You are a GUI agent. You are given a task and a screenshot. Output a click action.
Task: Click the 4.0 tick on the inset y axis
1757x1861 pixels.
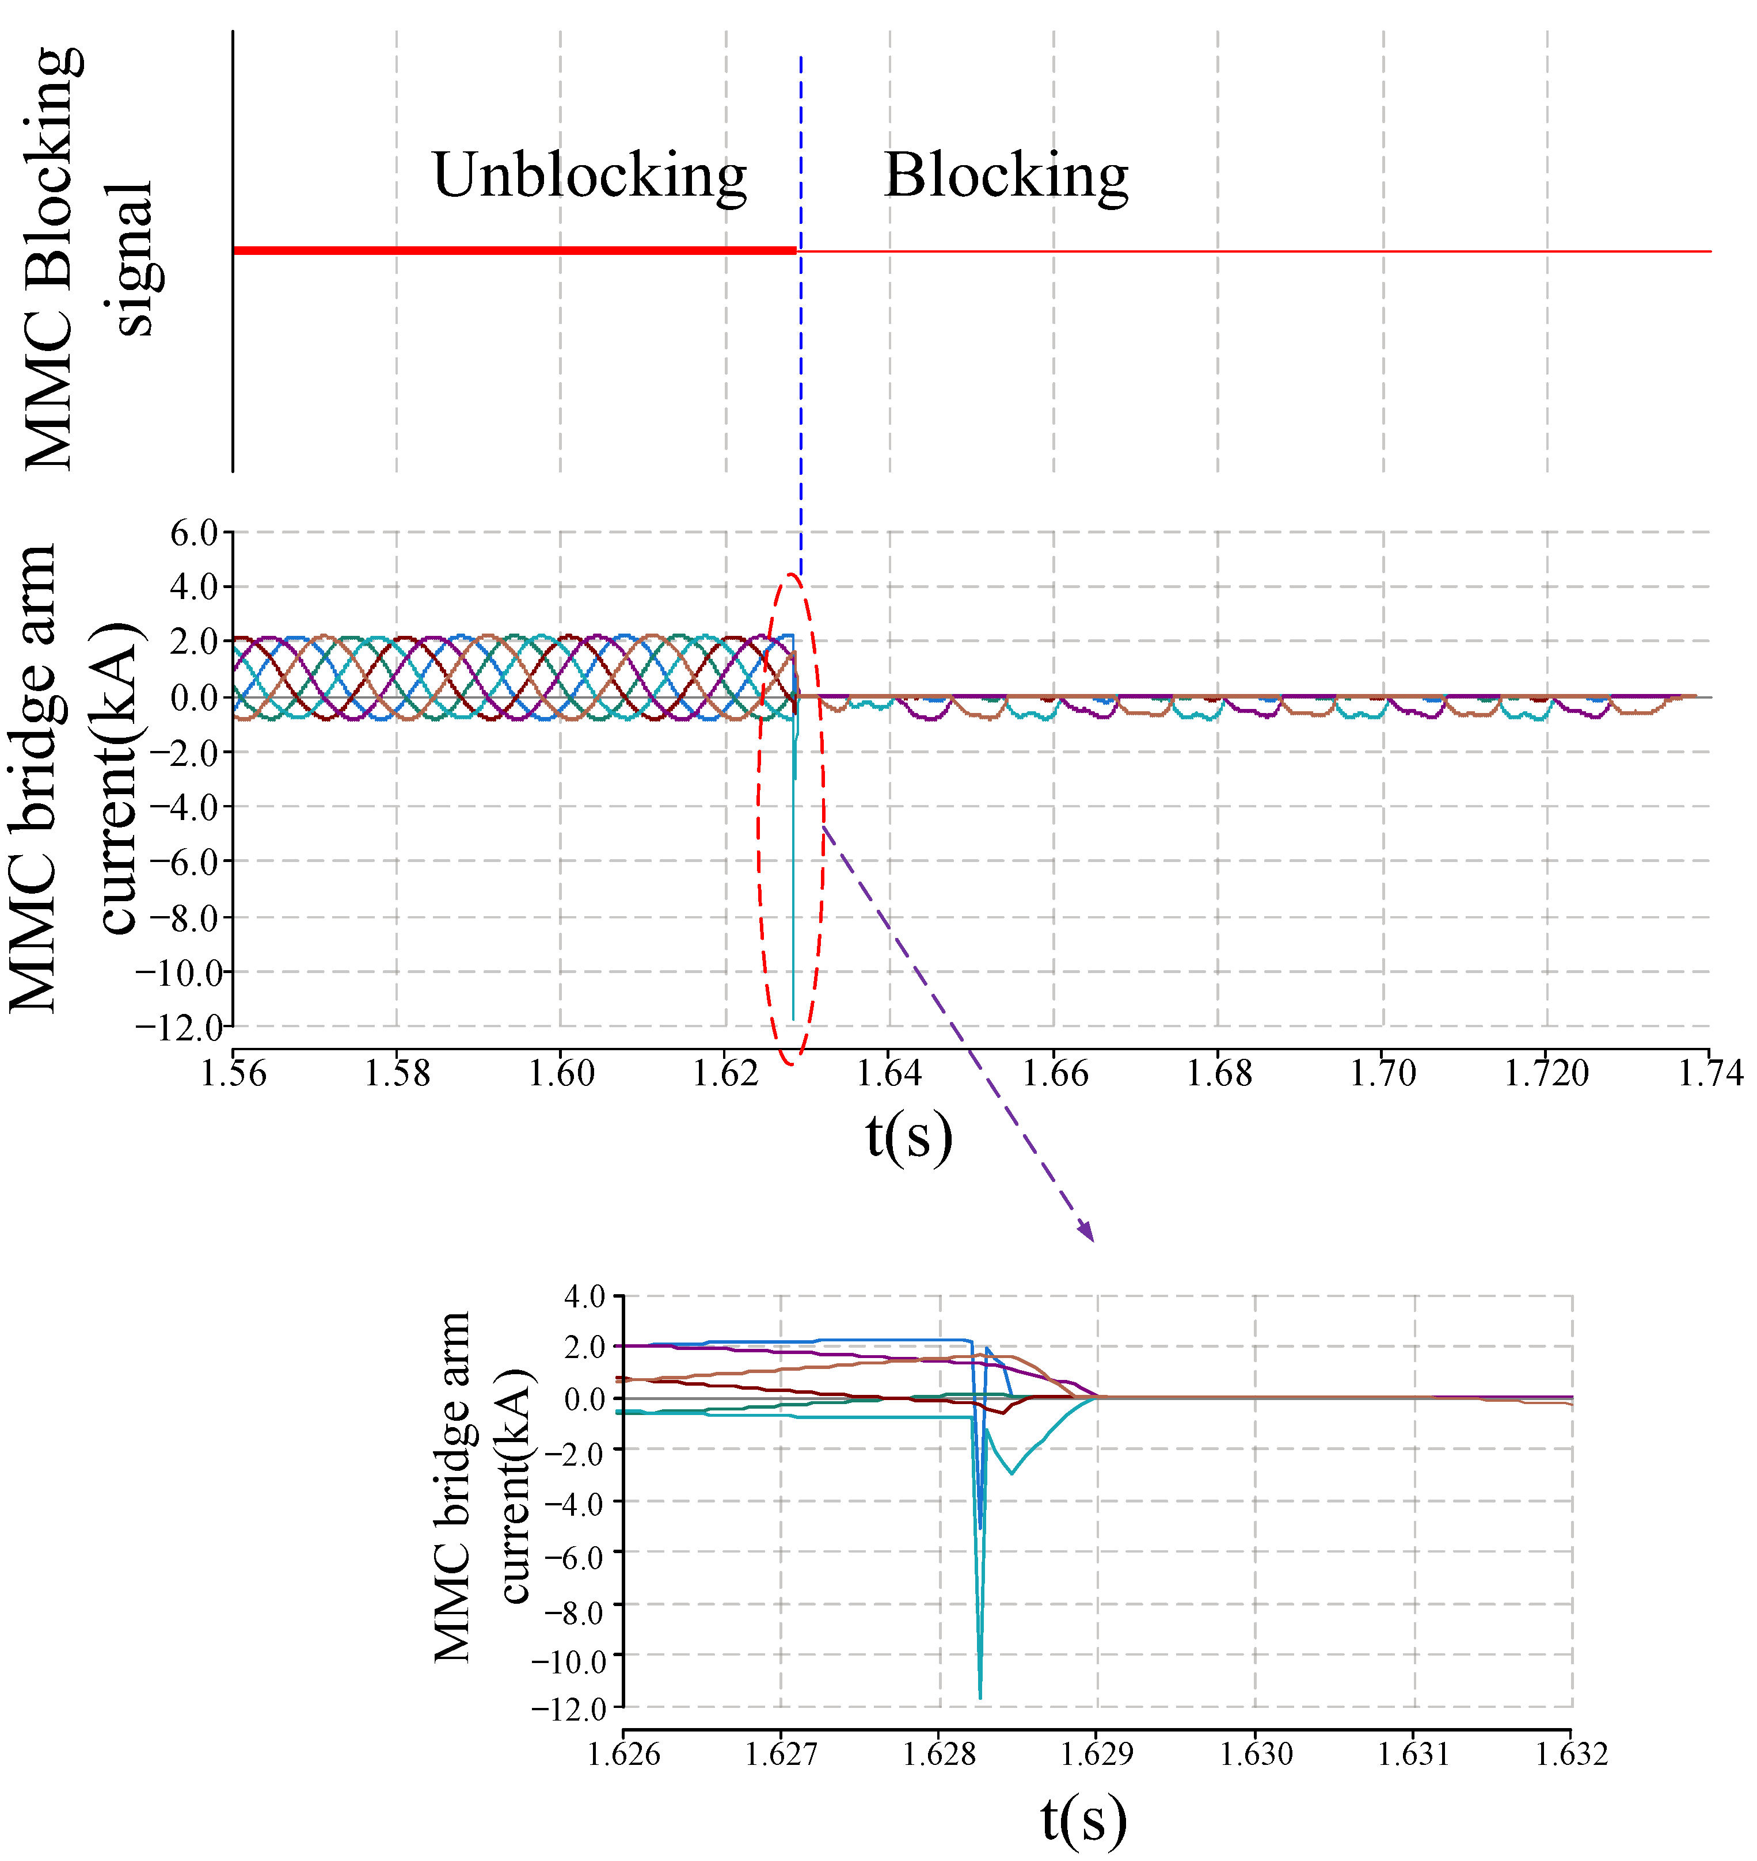pos(584,1298)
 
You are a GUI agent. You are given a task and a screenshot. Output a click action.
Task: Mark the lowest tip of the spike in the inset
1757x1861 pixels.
pos(980,1697)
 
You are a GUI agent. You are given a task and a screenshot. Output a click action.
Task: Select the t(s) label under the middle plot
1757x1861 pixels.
pos(908,1137)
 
